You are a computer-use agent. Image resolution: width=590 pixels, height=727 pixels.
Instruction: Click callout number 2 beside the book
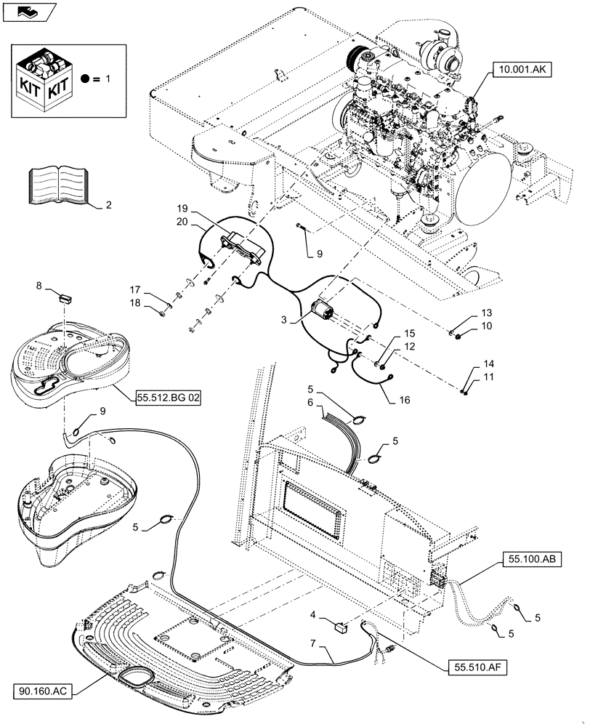pyautogui.click(x=108, y=206)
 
